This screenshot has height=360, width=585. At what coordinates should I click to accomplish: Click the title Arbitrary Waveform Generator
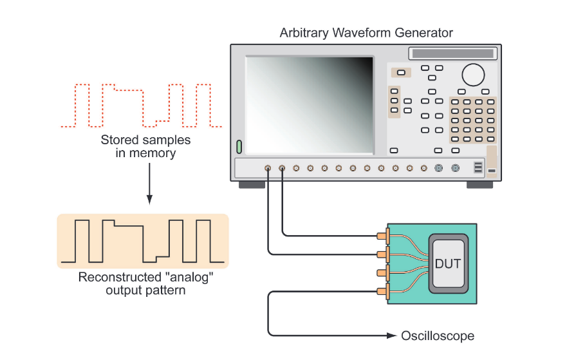click(366, 33)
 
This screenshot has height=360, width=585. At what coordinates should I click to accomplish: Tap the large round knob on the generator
click(473, 75)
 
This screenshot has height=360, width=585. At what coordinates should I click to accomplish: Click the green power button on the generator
click(239, 147)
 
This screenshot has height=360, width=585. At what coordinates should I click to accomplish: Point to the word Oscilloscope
click(438, 336)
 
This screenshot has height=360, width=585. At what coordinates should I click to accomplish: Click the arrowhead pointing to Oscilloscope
click(392, 336)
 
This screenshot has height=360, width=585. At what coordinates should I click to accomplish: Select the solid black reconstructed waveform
click(142, 242)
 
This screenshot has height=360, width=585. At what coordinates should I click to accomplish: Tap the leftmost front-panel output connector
click(268, 169)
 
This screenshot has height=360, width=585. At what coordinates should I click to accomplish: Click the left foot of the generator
click(252, 185)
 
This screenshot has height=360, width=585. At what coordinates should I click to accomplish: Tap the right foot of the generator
click(479, 185)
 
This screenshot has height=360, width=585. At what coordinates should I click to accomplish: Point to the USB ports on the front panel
click(478, 168)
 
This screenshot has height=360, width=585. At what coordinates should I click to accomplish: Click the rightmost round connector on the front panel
click(456, 169)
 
